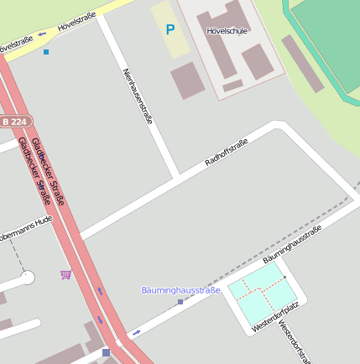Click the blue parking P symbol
pos(170,30)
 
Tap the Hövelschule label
pos(227,31)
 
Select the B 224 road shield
pos(13,122)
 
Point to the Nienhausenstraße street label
pos(138,96)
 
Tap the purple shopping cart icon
pos(65,274)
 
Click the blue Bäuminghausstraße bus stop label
pos(180,290)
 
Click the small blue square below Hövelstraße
pos(46,52)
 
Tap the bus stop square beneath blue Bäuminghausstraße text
pos(180,301)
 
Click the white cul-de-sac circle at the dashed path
pos(28,276)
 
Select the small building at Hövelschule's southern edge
pos(232,86)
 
